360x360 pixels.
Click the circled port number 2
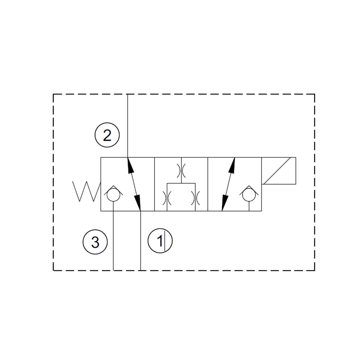point(107,136)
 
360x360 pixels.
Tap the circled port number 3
point(95,242)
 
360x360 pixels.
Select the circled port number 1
point(160,241)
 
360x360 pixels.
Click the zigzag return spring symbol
point(86,191)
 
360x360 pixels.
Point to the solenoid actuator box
point(279,171)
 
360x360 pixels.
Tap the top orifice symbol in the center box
point(181,170)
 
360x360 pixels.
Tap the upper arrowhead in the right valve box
point(233,164)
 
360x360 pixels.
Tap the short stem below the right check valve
point(249,207)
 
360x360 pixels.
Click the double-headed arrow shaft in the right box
point(229,184)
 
